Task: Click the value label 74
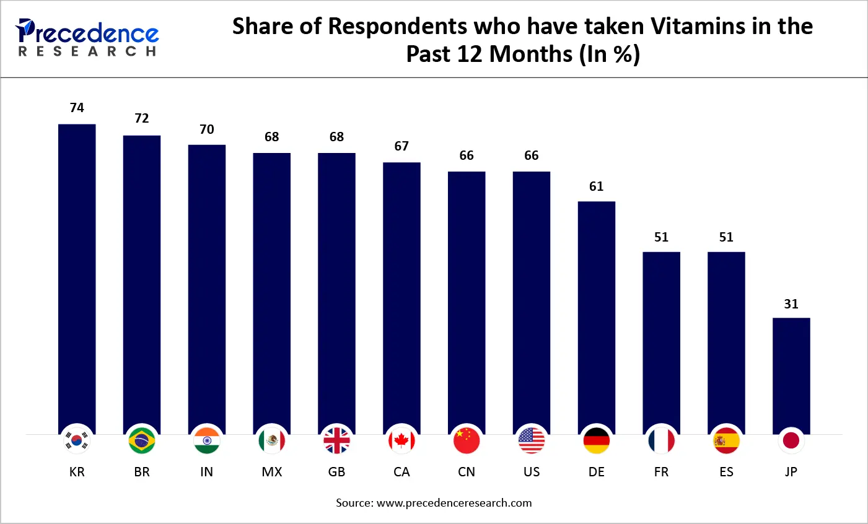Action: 77,108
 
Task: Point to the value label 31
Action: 791,304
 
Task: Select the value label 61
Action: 596,186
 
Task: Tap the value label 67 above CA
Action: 401,146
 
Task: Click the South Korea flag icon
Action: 77,441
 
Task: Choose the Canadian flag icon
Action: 401,441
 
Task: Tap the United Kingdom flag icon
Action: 336,441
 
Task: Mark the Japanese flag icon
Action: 791,441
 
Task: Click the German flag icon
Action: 596,441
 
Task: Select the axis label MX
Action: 271,472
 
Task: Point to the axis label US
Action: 531,472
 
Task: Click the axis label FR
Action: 661,472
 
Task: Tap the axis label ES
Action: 726,472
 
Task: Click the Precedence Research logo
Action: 87,37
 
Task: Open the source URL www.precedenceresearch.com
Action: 454,503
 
